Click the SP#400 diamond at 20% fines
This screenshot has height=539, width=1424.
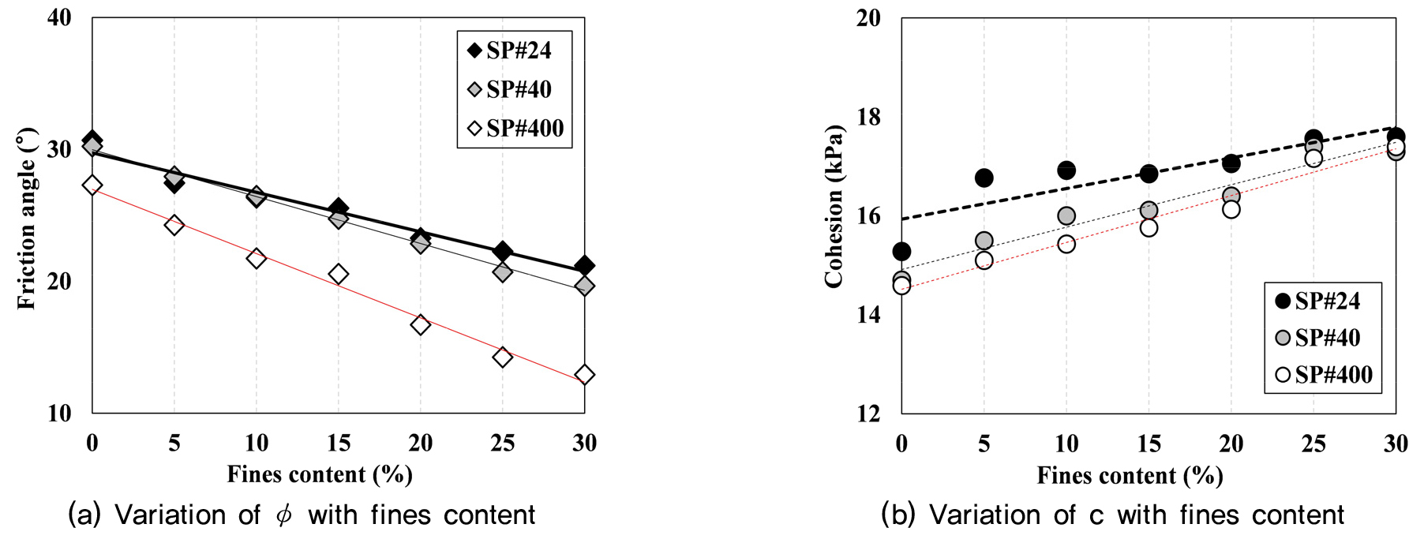tap(420, 324)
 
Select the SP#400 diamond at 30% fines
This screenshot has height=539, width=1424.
tap(584, 374)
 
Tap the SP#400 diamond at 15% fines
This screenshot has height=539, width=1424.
tap(338, 274)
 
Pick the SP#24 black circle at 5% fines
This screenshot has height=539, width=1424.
tap(984, 178)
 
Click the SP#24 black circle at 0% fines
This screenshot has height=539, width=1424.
tap(901, 252)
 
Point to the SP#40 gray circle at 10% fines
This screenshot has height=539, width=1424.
tap(1066, 215)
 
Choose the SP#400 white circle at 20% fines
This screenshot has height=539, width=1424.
tap(1231, 209)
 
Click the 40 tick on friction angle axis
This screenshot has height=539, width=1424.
tap(59, 17)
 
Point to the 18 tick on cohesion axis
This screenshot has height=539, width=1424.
tap(868, 117)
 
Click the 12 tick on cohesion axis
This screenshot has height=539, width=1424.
tap(868, 413)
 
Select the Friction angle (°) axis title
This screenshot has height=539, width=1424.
tap(27, 219)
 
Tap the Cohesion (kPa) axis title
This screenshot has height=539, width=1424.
tap(834, 207)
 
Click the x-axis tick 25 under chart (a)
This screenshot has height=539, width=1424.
tap(502, 444)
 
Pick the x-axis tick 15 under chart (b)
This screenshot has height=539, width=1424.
tap(1149, 444)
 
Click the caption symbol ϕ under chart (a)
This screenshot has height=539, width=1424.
tap(283, 515)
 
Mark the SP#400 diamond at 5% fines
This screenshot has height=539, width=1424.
tap(174, 225)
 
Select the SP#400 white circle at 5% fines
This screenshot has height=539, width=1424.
tap(984, 260)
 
